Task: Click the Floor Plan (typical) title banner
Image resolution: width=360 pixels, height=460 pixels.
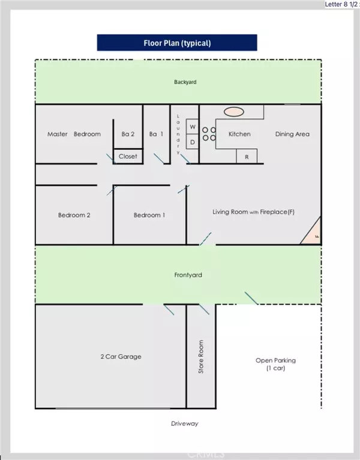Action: [x=177, y=43]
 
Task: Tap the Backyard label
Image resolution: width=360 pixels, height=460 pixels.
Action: [x=185, y=82]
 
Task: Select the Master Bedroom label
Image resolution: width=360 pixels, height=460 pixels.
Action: [x=74, y=134]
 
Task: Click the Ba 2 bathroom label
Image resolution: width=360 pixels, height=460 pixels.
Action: [x=128, y=134]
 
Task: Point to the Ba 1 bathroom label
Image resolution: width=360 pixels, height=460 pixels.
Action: [x=156, y=134]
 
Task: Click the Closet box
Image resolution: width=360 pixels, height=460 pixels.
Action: [x=128, y=156]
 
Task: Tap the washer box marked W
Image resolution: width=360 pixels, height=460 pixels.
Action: [x=193, y=127]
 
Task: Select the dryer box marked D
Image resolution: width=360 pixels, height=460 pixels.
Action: [x=193, y=142]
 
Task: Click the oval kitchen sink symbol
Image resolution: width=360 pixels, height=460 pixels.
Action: [x=234, y=112]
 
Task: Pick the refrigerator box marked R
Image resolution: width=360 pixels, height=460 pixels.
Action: [x=247, y=157]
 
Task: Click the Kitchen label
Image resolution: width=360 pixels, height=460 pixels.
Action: [x=239, y=134]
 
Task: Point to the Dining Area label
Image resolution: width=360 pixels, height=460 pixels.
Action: [x=292, y=134]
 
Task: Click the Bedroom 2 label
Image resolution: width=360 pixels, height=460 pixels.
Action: [x=74, y=215]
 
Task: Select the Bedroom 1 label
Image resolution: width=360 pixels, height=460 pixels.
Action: [x=149, y=215]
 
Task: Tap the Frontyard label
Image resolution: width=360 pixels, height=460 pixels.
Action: [x=188, y=275]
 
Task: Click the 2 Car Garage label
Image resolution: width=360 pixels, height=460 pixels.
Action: [x=121, y=356]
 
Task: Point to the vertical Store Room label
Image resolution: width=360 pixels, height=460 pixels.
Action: [x=200, y=356]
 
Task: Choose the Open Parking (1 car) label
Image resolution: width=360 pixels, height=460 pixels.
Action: [x=275, y=364]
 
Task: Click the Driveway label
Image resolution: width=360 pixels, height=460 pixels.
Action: [x=185, y=423]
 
